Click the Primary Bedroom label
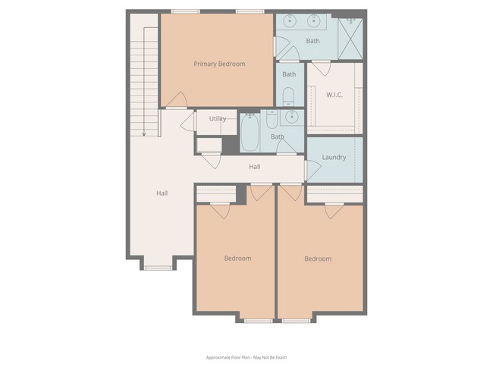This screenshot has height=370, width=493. (219, 64)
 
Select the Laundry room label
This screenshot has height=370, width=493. (334, 158)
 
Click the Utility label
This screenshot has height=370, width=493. (218, 119)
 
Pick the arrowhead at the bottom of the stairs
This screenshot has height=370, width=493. (143, 133)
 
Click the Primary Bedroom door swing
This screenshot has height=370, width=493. (177, 99)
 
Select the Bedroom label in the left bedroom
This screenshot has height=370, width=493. (237, 259)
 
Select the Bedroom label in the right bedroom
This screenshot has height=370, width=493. (318, 259)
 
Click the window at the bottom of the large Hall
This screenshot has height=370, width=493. (158, 267)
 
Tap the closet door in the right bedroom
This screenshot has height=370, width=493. (334, 210)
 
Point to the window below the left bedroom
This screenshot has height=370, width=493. (258, 321)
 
